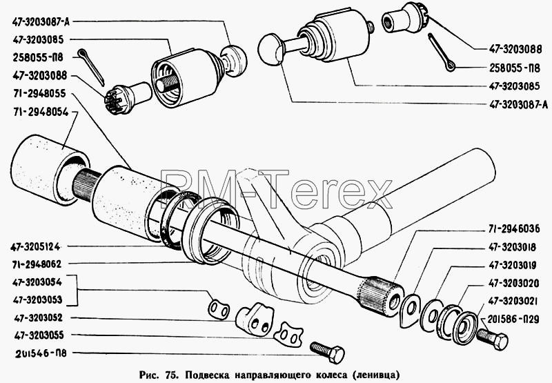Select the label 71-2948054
(x=41, y=112)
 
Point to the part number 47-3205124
(x=35, y=247)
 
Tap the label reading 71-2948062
(x=37, y=264)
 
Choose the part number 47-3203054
(x=37, y=282)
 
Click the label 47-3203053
(x=37, y=300)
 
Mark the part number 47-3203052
(x=38, y=318)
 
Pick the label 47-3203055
(x=39, y=335)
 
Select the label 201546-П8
(x=41, y=353)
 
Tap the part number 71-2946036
(x=514, y=229)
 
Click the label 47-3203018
(x=512, y=248)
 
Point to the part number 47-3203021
(x=513, y=301)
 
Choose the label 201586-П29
(x=513, y=320)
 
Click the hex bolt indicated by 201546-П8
(x=327, y=352)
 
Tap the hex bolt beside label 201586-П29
(x=492, y=338)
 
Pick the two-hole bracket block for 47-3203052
(x=254, y=320)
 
